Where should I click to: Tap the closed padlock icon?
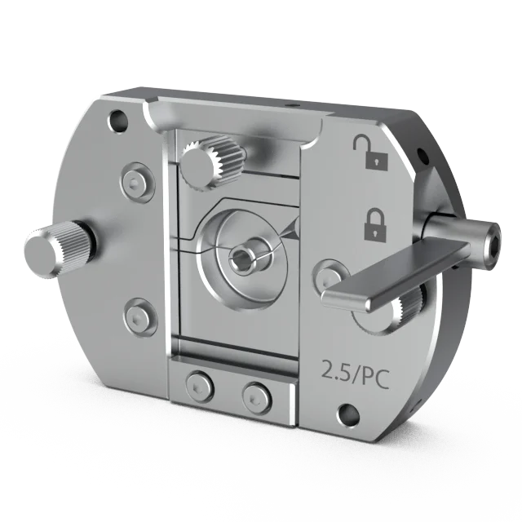pyautogui.click(x=374, y=223)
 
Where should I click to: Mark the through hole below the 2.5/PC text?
pyautogui.click(x=349, y=414)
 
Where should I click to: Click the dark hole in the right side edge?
pyautogui.click(x=421, y=154)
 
